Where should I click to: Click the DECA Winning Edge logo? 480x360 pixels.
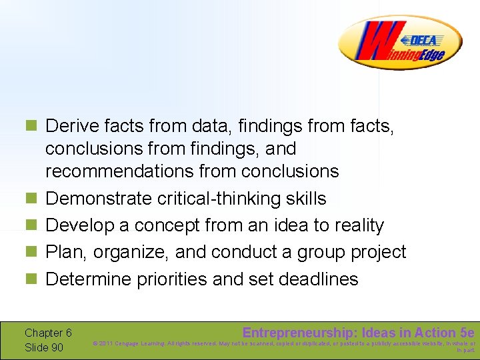(x=399, y=43)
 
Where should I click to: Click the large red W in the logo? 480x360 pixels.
(x=374, y=45)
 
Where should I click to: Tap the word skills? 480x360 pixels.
(x=304, y=199)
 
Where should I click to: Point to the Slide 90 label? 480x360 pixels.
(x=44, y=348)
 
